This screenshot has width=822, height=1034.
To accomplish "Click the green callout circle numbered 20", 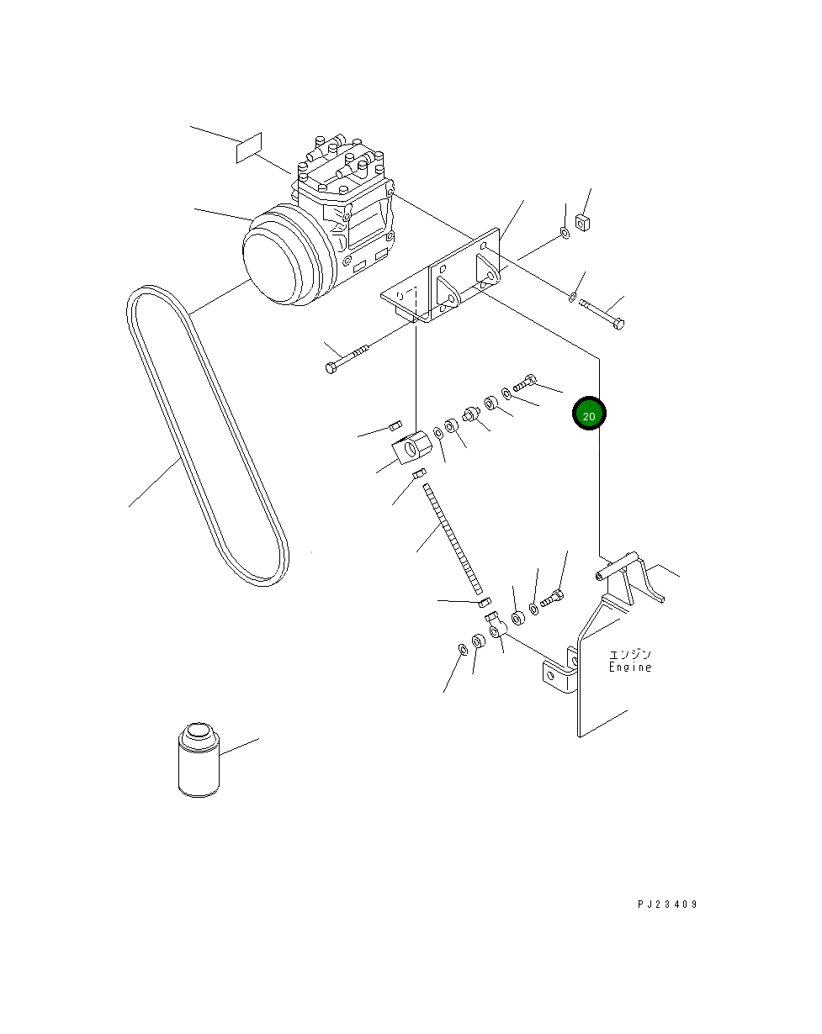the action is point(589,414).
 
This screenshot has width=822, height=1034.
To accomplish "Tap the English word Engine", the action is point(630,667).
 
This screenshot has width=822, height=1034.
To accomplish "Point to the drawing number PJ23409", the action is point(667,905).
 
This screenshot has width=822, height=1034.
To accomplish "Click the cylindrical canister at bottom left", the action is point(199,760).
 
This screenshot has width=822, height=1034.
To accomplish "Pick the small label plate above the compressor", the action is point(249,148).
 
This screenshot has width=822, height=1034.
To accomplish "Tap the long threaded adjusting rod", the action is point(452,538).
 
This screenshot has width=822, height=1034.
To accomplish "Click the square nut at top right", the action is point(583,223).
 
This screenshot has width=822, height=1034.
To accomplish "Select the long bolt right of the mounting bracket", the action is point(602,314).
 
